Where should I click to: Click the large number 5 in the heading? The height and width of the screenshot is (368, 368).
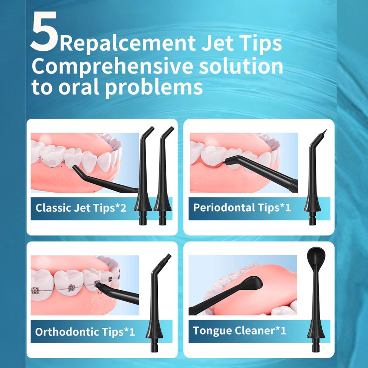44,31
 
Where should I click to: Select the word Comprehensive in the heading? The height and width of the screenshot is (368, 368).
112,67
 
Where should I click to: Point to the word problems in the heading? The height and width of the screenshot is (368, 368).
154,88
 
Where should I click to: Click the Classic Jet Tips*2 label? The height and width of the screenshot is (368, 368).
81,208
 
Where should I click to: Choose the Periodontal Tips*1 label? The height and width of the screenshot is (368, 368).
242,207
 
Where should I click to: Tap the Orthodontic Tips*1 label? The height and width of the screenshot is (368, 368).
85,332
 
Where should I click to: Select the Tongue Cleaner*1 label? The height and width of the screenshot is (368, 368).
239,331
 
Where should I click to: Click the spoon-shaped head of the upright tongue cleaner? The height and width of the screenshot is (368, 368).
316,255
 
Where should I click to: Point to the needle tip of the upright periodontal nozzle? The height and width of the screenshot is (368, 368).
324,132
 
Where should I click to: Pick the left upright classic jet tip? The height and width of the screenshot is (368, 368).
143,176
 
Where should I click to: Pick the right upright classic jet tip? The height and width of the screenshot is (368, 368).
163,176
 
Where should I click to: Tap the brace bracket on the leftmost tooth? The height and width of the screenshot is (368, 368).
35,291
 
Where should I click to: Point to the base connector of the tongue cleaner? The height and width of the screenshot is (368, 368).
316,345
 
